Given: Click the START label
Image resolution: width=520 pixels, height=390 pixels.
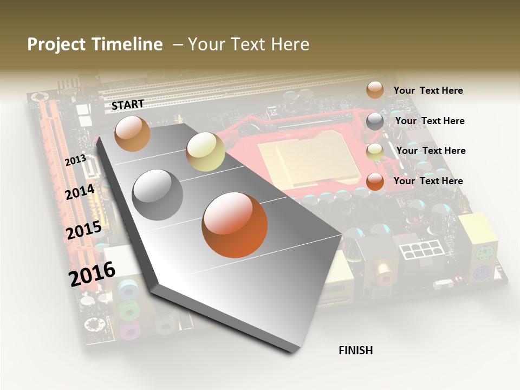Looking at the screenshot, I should tap(128, 105).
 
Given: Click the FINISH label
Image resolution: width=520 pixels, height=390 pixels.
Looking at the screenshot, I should tap(355, 350).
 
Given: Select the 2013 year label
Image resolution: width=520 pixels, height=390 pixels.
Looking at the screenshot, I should tap(75, 160).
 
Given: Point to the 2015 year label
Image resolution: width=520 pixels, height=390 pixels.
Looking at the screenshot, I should tap(83, 231).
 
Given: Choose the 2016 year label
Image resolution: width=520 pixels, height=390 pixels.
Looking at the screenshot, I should tap(92, 274).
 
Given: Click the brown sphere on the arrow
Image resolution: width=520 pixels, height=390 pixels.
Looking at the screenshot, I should tap(132, 133).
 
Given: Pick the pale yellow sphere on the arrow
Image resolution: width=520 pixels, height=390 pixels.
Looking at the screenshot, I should tap(205, 152).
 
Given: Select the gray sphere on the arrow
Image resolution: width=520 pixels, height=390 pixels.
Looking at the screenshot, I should tap(158, 194).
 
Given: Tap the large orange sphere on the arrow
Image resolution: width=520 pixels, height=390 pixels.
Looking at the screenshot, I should tap(235, 225).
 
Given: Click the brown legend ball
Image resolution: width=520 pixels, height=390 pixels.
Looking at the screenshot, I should tap(375, 90).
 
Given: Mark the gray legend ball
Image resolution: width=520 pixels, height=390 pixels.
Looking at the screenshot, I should tap(375, 121).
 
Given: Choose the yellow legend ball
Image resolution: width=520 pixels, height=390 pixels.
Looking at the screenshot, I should tap(375, 152).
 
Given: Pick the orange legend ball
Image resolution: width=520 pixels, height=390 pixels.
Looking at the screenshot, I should tap(375, 181).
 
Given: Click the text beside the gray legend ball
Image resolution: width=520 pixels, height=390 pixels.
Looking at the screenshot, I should tap(430, 121).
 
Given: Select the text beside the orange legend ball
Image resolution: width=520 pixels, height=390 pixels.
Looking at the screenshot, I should tap(428, 181).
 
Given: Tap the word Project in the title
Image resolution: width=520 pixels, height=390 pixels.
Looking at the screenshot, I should tap(56, 44).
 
